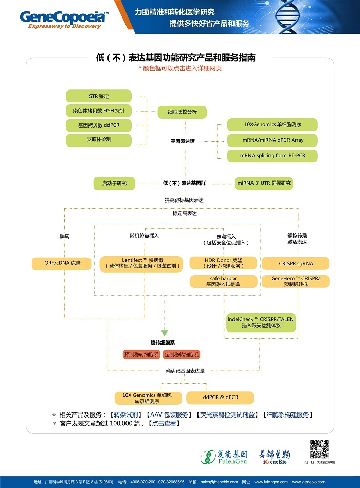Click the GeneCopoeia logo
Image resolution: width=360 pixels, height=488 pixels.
pyautogui.click(x=64, y=19)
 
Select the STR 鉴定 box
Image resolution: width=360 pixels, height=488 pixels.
pyautogui.click(x=99, y=96)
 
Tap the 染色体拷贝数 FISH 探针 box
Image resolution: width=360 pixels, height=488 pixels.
pyautogui.click(x=99, y=111)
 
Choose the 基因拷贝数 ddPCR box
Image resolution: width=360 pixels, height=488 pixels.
pyautogui.click(x=99, y=125)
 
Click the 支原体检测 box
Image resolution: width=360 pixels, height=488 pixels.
pyautogui.click(x=99, y=140)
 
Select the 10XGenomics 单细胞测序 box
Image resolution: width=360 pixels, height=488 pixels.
pyautogui.click(x=272, y=124)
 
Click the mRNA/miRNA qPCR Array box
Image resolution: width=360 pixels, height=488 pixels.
pyautogui.click(x=272, y=140)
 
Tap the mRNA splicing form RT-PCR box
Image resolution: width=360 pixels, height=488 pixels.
pyautogui.click(x=272, y=155)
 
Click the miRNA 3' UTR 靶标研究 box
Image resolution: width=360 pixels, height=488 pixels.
pyautogui.click(x=264, y=183)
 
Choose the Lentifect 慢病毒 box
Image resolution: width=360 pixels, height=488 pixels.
pyautogui.click(x=141, y=263)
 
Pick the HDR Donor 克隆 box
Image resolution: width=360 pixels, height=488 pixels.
pyautogui.click(x=223, y=263)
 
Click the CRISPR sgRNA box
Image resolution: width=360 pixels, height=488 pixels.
pyautogui.click(x=296, y=264)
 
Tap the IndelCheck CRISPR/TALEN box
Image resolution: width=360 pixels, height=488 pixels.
pyautogui.click(x=260, y=322)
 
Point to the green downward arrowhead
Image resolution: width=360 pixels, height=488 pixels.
pyautogui.click(x=165, y=333)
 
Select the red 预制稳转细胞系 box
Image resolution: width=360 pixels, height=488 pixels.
pyautogui.click(x=141, y=355)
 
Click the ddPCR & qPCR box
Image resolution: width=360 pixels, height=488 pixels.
pyautogui.click(x=220, y=397)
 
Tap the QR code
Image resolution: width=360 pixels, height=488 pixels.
pyautogui.click(x=319, y=449)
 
